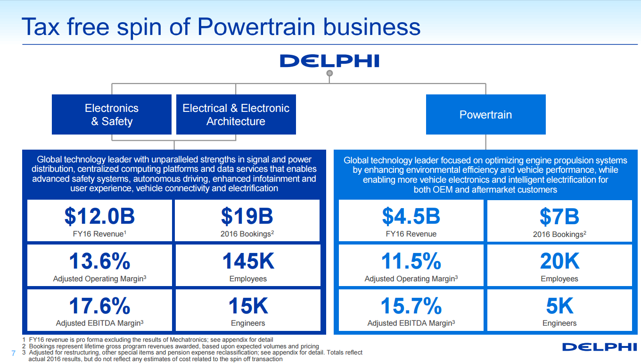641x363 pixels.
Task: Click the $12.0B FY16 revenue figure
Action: [x=99, y=217]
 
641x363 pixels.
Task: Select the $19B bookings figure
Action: [x=247, y=217]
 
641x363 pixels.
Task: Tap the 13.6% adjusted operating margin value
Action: [x=99, y=261]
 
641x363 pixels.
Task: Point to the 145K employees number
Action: [x=248, y=261]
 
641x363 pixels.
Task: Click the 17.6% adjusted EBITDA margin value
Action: [x=99, y=306]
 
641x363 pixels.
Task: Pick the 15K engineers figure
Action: [x=248, y=306]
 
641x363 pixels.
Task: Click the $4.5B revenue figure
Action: [x=411, y=217]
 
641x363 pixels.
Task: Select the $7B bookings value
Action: [x=559, y=217]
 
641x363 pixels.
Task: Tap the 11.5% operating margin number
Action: [x=411, y=261]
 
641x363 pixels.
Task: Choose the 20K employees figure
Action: [x=559, y=261]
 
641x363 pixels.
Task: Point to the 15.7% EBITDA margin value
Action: [x=411, y=306]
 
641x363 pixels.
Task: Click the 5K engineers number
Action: [x=559, y=306]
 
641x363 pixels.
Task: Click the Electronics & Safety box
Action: [x=112, y=115]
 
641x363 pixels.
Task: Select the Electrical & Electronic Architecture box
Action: [x=236, y=115]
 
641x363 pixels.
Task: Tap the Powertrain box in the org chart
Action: [x=485, y=115]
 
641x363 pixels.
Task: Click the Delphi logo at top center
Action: [x=329, y=61]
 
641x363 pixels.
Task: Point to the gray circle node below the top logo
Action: [x=330, y=73]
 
